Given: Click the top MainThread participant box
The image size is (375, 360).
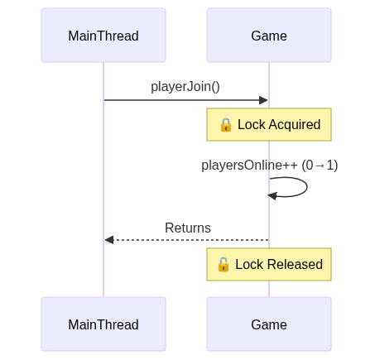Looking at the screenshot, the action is pyautogui.click(x=103, y=36).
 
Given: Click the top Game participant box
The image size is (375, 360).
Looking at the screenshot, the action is pyautogui.click(x=269, y=36).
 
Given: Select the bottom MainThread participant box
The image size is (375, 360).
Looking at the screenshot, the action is pyautogui.click(x=103, y=324).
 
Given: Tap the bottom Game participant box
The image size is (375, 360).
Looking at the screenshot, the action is pyautogui.click(x=269, y=324).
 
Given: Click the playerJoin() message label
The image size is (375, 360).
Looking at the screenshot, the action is pyautogui.click(x=185, y=87).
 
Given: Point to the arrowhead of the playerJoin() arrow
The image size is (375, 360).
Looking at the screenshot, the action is pyautogui.click(x=263, y=100).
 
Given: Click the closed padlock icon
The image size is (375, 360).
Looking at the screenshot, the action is pyautogui.click(x=226, y=125).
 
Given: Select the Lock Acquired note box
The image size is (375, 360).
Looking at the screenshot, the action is pyautogui.click(x=269, y=125).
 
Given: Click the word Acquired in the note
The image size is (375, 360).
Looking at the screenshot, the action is pyautogui.click(x=295, y=125).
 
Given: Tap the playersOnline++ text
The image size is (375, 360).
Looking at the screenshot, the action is pyautogui.click(x=249, y=166).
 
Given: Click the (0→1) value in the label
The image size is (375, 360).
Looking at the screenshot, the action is pyautogui.click(x=320, y=166).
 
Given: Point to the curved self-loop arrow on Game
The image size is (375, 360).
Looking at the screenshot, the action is pyautogui.click(x=307, y=187).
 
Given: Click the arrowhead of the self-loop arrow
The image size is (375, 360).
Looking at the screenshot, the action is pyautogui.click(x=272, y=196).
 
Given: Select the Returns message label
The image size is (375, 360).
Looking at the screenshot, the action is pyautogui.click(x=188, y=228).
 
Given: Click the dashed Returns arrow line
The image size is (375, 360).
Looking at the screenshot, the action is pyautogui.click(x=187, y=240).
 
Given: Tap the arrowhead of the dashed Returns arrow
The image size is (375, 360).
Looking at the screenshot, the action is pyautogui.click(x=109, y=240).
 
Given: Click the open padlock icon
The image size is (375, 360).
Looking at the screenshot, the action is pyautogui.click(x=224, y=264).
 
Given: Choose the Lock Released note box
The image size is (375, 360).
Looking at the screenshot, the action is pyautogui.click(x=269, y=265).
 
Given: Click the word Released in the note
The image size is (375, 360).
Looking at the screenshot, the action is pyautogui.click(x=295, y=264).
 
